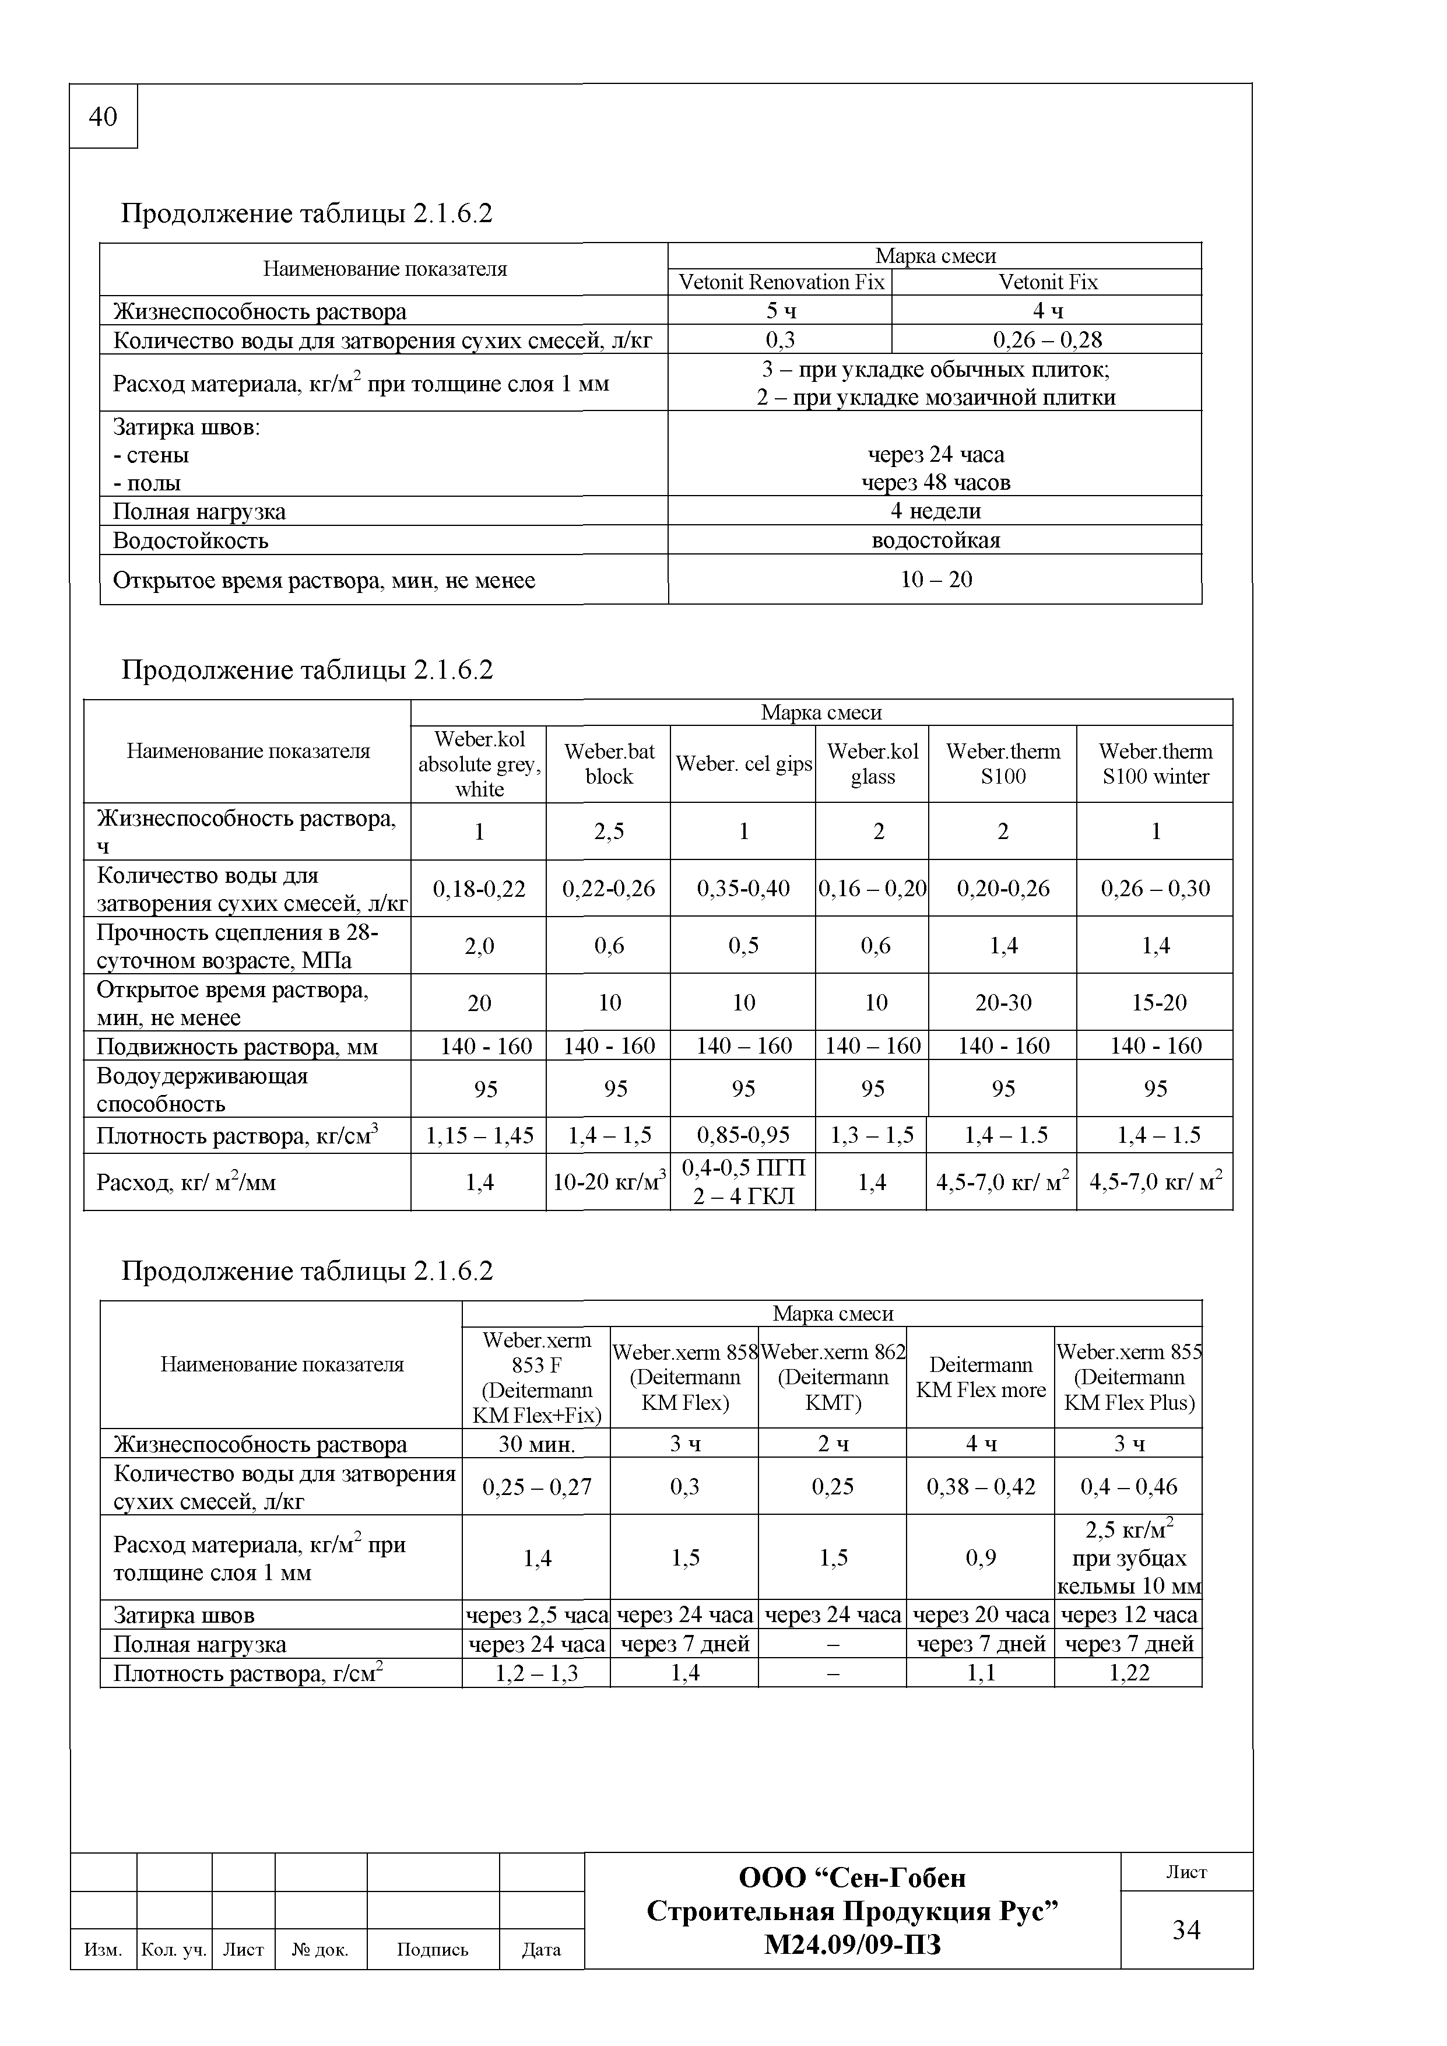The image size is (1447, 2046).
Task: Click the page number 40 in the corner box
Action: pyautogui.click(x=103, y=117)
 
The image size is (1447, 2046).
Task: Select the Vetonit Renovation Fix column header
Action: pyautogui.click(x=781, y=282)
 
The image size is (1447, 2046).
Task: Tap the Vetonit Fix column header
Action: pyautogui.click(x=1047, y=282)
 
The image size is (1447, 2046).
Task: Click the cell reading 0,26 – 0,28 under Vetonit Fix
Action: pyautogui.click(x=1047, y=339)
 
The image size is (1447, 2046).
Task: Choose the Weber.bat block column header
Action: pyautogui.click(x=609, y=764)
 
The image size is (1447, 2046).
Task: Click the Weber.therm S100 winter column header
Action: pyautogui.click(x=1155, y=764)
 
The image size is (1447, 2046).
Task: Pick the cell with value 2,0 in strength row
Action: pyautogui.click(x=479, y=946)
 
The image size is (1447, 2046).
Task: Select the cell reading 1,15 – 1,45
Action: pyautogui.click(x=479, y=1135)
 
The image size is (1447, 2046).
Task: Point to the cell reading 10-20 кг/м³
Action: pyautogui.click(x=609, y=1182)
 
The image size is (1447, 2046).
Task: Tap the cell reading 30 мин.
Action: pyautogui.click(x=536, y=1444)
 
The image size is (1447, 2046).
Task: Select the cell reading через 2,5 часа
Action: pyautogui.click(x=536, y=1615)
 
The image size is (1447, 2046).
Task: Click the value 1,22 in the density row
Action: pyautogui.click(x=1129, y=1673)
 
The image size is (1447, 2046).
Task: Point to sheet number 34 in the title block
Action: pyautogui.click(x=1186, y=1930)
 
